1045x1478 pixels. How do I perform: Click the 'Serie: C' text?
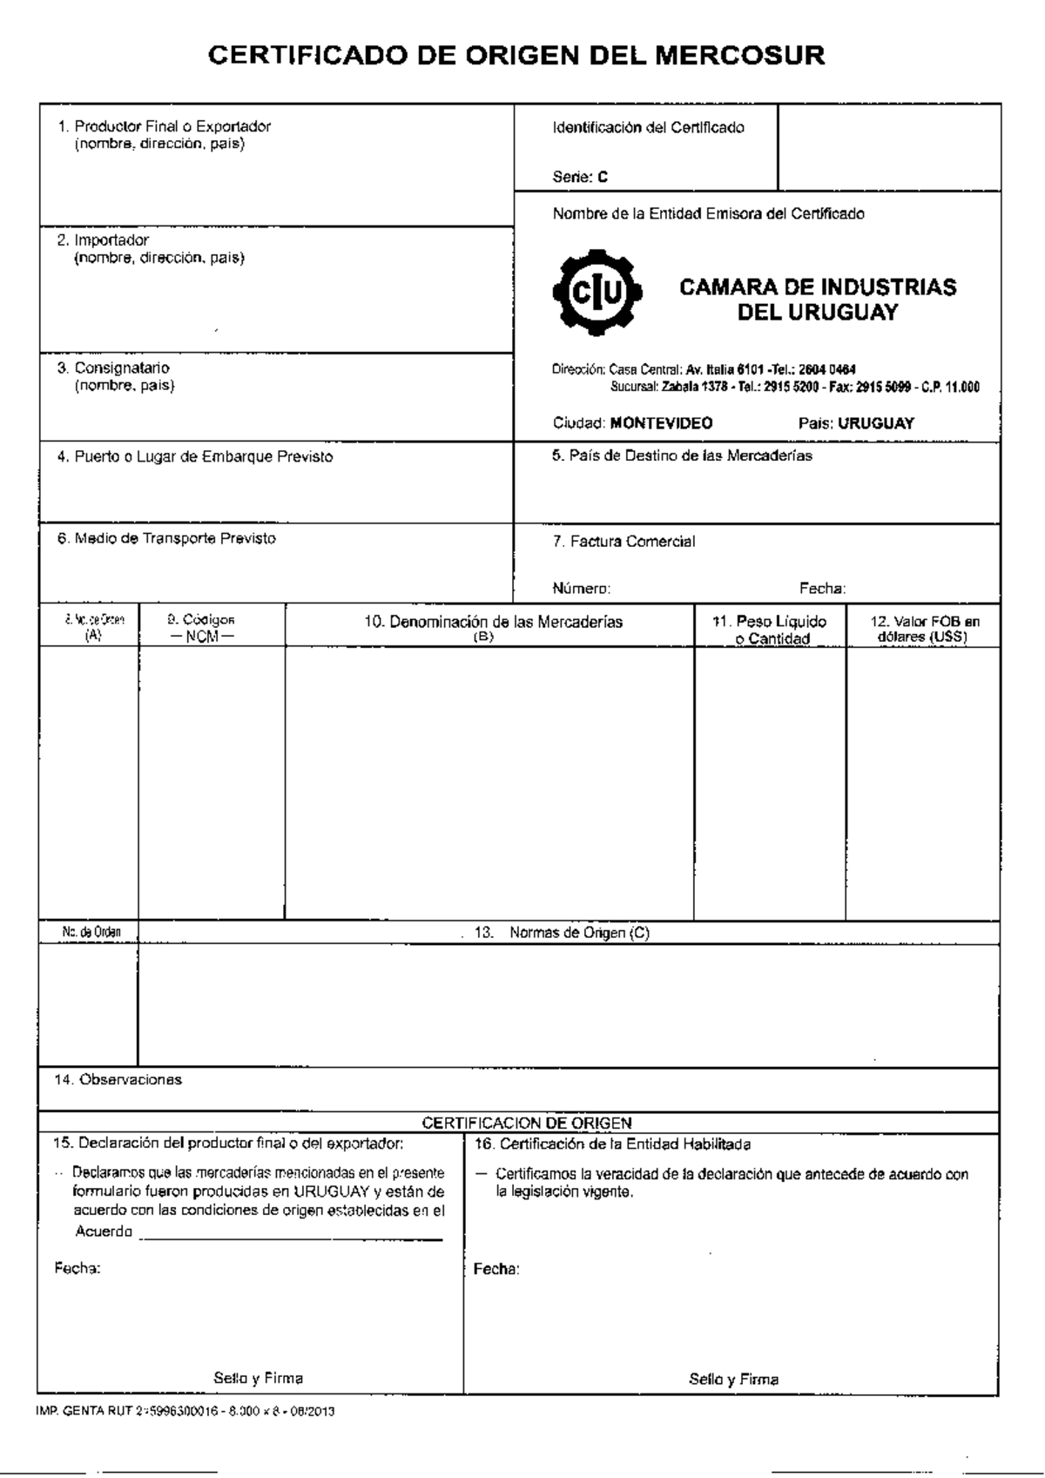pyautogui.click(x=580, y=177)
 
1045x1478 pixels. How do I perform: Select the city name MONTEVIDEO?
pyautogui.click(x=661, y=423)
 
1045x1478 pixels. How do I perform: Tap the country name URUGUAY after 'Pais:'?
pyautogui.click(x=875, y=423)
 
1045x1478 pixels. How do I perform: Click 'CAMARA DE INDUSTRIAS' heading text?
pyautogui.click(x=817, y=287)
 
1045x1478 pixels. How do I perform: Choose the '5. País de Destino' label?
pyautogui.click(x=682, y=456)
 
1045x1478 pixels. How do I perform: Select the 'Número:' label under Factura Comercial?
pyautogui.click(x=581, y=588)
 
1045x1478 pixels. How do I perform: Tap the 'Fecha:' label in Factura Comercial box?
pyautogui.click(x=822, y=588)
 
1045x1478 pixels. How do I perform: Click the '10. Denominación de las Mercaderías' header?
pyautogui.click(x=493, y=622)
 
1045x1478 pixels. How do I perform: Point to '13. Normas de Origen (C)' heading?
pyautogui.click(x=562, y=932)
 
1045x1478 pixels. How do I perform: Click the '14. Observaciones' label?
pyautogui.click(x=118, y=1079)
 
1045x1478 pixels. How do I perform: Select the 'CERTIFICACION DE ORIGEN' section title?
pyautogui.click(x=527, y=1123)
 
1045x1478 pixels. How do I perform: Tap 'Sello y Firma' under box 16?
pyautogui.click(x=733, y=1379)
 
